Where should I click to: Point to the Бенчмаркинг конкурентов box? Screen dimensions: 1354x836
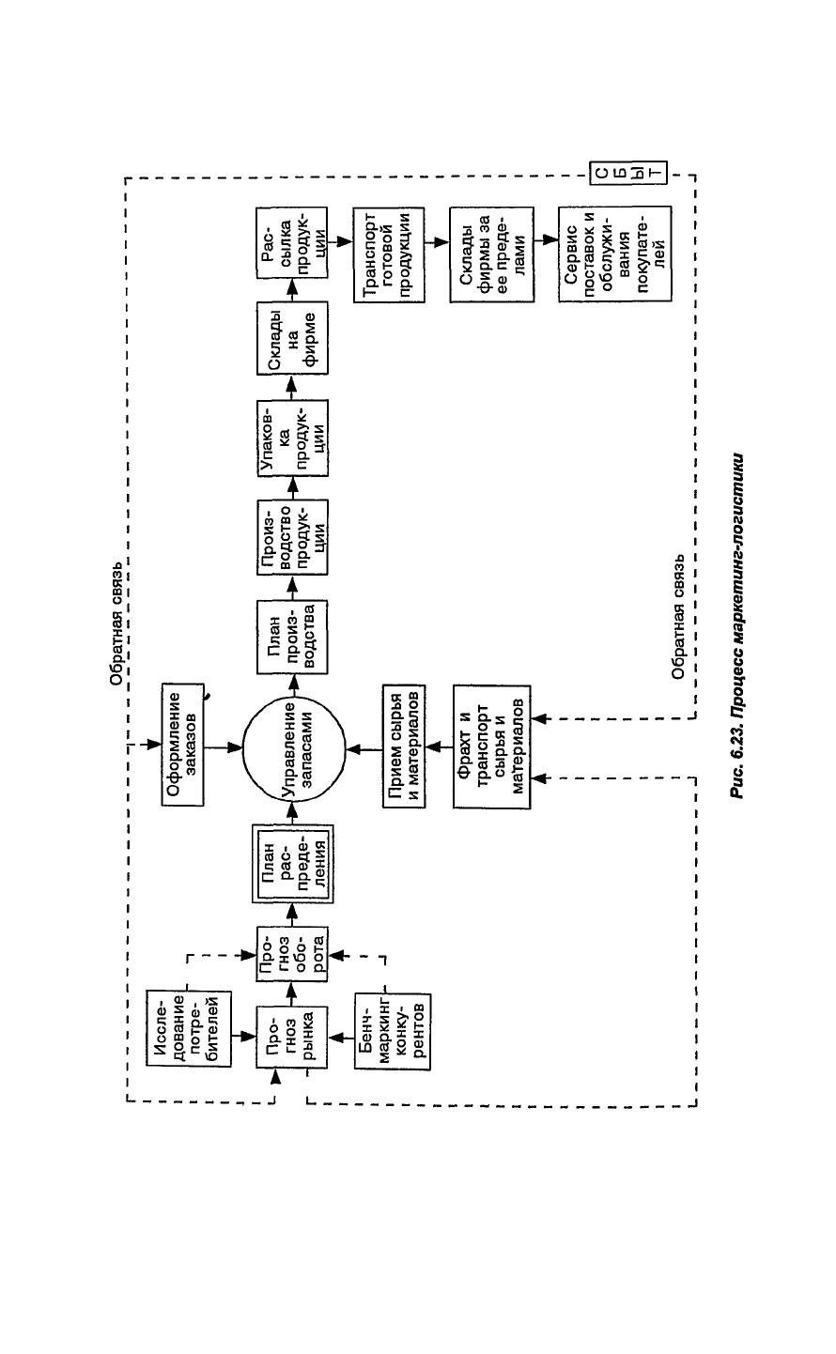tap(392, 1037)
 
